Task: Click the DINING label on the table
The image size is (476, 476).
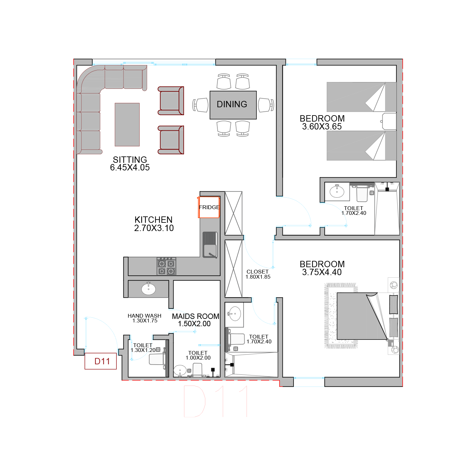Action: [232, 104]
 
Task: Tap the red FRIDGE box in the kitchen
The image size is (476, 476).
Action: [209, 207]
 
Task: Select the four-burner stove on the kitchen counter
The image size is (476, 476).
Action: [166, 266]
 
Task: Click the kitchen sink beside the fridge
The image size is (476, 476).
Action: [210, 245]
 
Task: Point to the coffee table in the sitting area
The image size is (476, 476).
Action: [127, 124]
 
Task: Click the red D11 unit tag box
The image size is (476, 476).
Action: [101, 361]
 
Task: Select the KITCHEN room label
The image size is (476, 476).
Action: [154, 220]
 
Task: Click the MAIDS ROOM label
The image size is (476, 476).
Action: [195, 316]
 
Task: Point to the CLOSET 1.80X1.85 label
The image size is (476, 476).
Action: [258, 274]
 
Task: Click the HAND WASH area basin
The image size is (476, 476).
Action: [149, 289]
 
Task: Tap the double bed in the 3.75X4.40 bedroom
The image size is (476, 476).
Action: [362, 316]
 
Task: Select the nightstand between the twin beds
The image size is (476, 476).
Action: [389, 121]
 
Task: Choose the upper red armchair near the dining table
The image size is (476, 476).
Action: [171, 101]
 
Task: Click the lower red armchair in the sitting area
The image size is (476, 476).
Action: [171, 140]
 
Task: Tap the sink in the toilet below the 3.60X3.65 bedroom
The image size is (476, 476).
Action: [337, 191]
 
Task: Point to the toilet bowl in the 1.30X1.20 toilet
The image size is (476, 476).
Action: [157, 359]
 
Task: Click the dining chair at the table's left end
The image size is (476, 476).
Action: [201, 105]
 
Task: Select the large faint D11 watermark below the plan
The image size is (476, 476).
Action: [215, 401]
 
